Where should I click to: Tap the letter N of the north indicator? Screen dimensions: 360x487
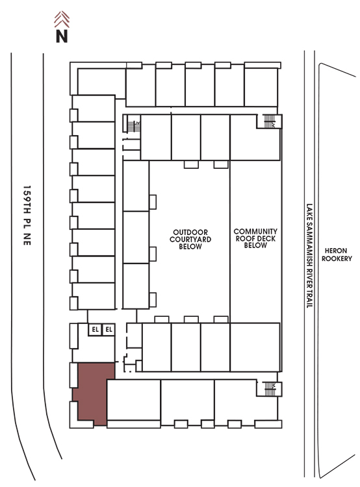62,36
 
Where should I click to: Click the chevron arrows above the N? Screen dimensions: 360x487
62,19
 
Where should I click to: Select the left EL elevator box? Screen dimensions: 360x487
95,329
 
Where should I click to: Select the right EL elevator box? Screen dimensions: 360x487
109,329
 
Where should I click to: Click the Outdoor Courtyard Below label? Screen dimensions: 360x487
190,240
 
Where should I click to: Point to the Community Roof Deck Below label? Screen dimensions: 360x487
255,238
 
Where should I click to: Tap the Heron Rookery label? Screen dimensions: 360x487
337,255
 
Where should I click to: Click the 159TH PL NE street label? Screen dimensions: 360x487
27,215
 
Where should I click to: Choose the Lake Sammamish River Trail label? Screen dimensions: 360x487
309,256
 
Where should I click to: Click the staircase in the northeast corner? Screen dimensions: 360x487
269,121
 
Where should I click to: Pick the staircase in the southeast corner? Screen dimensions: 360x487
270,389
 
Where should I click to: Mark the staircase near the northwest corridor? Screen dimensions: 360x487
133,126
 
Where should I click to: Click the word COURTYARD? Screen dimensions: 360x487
190,240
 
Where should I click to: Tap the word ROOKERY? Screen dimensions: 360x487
337,258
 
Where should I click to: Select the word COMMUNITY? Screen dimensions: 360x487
255,231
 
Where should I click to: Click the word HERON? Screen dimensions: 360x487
336,251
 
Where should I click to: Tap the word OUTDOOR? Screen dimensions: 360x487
190,232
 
